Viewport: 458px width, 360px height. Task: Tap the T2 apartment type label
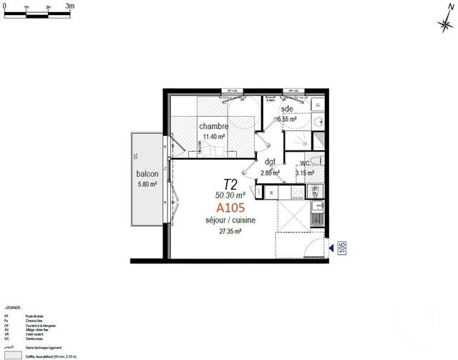230,184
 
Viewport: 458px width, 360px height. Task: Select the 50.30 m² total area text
230,194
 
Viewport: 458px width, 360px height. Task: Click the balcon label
147,175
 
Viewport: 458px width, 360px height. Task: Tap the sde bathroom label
287,109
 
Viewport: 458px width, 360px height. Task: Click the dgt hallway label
269,163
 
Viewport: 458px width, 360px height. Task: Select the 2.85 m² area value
270,172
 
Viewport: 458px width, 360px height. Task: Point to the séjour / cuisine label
230,220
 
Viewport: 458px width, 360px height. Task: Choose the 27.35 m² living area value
230,231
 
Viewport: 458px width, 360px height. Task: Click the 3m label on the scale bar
69,5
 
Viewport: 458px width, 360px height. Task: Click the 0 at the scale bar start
5,6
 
